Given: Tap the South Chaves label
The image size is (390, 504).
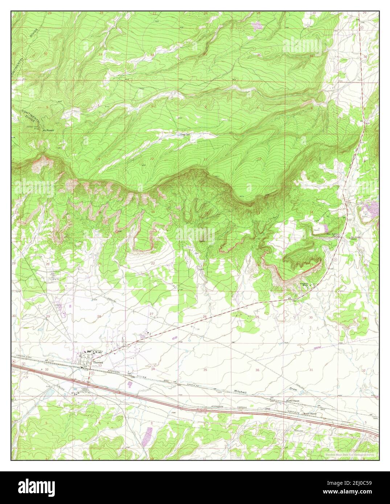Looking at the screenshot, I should tap(311, 413).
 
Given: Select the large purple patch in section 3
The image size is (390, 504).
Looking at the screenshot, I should tap(148, 433).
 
